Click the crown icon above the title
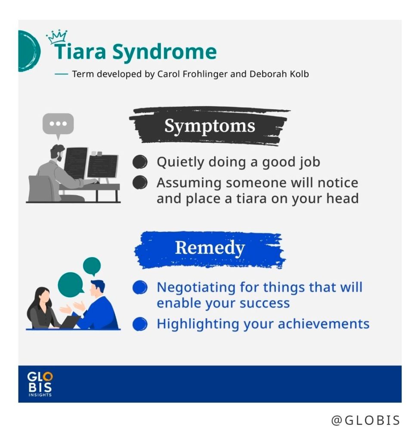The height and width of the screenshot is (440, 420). pos(57,37)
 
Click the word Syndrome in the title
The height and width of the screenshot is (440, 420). pos(164,52)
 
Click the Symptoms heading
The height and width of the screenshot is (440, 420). pos(210,126)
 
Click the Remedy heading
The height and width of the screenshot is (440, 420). pos(210,247)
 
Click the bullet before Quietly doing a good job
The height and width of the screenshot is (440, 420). pos(140,162)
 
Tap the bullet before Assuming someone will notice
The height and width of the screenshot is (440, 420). pos(140,182)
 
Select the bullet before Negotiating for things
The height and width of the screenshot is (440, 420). pos(140,287)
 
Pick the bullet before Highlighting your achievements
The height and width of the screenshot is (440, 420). pos(140,324)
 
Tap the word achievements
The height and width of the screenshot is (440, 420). pos(324,324)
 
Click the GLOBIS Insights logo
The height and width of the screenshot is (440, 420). pos(40,384)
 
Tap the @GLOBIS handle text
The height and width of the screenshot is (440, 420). pos(365,420)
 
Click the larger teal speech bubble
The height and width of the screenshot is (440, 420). pos(71,285)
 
